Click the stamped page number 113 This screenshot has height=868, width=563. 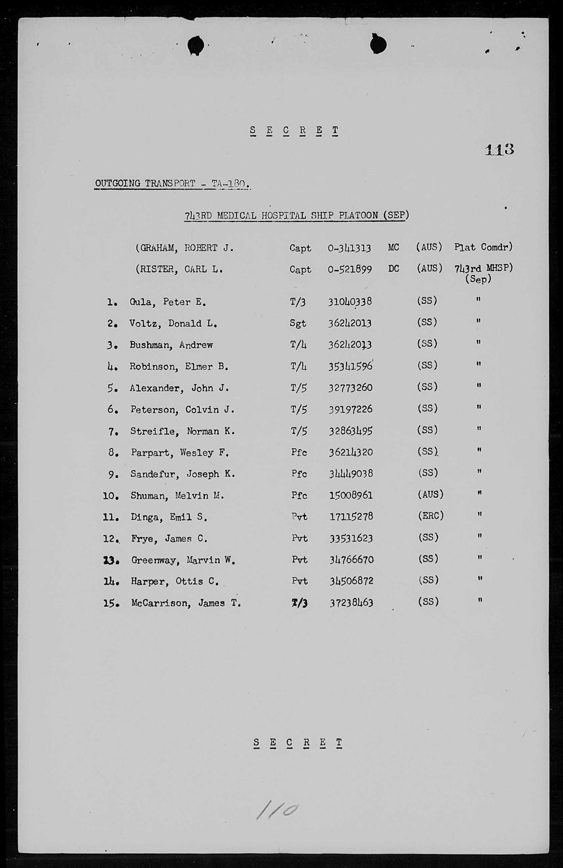point(499,149)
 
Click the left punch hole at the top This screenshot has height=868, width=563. point(196,45)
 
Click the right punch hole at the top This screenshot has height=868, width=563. point(378,45)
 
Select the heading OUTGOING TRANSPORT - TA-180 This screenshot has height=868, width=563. point(172,183)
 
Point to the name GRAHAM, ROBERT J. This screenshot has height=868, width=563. point(185,248)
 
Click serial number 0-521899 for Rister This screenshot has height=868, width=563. point(350,269)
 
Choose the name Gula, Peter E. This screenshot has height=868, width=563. point(168,302)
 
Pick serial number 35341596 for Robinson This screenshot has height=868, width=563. point(350,366)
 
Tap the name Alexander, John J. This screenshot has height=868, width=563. point(179,388)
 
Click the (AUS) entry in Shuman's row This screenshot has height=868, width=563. point(430,494)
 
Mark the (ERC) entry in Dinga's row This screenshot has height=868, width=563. point(431,516)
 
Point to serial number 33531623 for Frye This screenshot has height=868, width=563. point(351,538)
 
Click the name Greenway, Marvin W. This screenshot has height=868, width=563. point(183,560)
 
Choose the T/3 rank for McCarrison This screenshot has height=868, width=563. point(299,603)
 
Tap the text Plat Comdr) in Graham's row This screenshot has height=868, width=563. point(483,247)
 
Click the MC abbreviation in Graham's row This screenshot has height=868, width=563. point(393,248)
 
